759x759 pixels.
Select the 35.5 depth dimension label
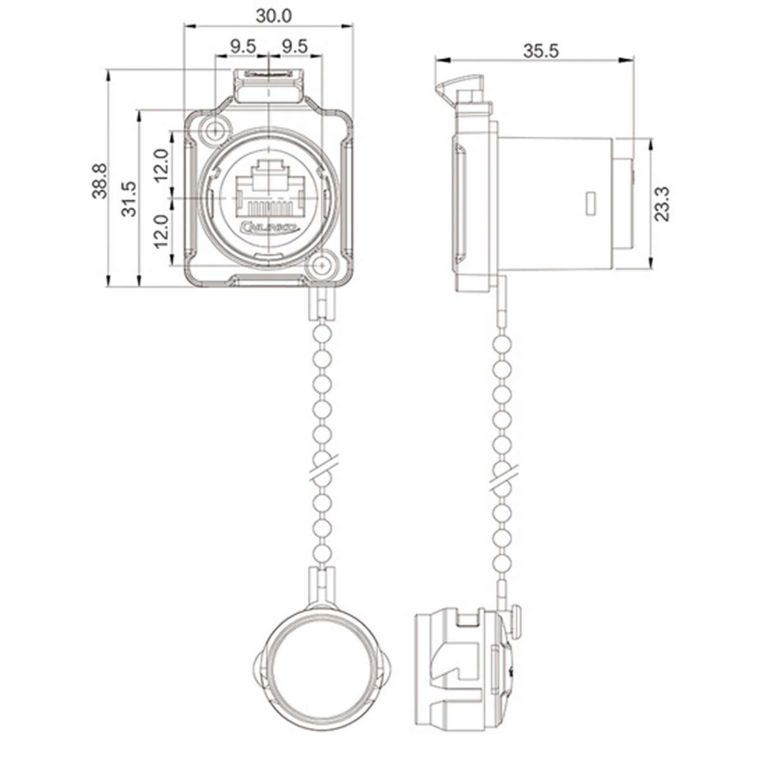click(541, 51)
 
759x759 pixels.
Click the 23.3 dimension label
click(662, 204)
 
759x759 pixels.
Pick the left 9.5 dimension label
click(243, 46)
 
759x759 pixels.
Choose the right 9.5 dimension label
click(295, 46)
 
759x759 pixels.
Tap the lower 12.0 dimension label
click(161, 231)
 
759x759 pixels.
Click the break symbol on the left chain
click(324, 469)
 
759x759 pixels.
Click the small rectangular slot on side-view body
click(591, 203)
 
